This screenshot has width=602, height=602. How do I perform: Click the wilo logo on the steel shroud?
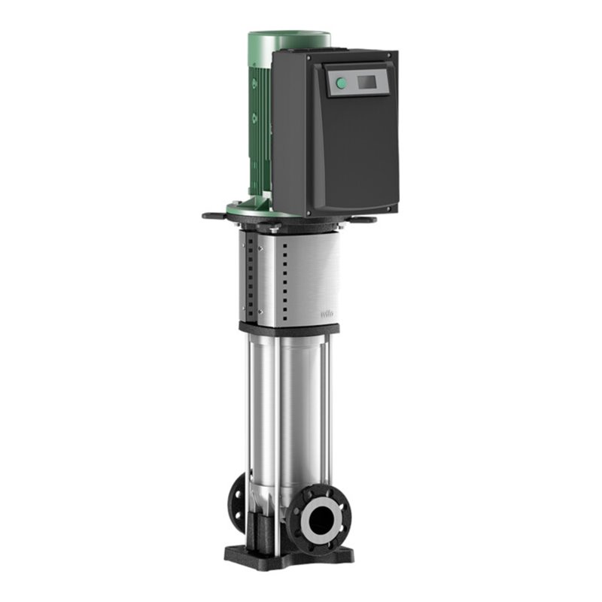[328, 315]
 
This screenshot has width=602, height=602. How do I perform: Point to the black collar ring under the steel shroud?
[290, 329]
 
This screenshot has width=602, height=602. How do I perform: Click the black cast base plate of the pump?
[290, 555]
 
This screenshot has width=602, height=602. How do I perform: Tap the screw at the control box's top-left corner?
[275, 56]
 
